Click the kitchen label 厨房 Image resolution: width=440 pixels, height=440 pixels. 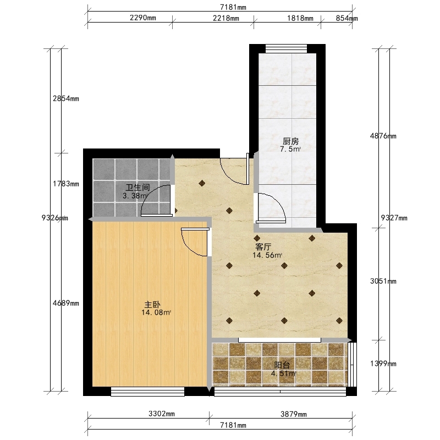290,141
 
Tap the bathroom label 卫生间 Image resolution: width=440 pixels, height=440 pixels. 137,188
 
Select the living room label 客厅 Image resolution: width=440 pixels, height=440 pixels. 263,247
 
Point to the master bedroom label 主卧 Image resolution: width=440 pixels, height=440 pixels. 152,305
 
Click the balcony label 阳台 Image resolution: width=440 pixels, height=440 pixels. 282,365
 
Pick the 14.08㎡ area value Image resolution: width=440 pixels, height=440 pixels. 156,312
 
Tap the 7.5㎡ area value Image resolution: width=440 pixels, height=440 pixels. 290,149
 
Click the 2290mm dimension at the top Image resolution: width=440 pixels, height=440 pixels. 143,18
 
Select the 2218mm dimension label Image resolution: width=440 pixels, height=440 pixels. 226,18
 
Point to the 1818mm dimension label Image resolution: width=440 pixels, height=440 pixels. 300,18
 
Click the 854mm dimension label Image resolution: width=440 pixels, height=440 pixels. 347,18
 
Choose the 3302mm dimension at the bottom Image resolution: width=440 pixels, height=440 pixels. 162,414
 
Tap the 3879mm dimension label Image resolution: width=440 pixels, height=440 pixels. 294,414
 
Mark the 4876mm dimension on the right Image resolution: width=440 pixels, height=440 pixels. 383,136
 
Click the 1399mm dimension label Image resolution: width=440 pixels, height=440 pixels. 383,364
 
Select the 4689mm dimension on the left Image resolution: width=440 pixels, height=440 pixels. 66,303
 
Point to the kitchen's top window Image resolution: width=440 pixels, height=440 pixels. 286,48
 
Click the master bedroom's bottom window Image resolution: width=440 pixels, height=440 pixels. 147,392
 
